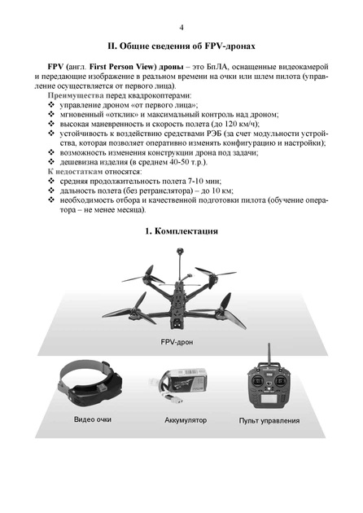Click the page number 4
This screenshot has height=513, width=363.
(181, 28)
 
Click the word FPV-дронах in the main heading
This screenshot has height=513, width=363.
(230, 46)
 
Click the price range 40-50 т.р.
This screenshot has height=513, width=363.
(187, 162)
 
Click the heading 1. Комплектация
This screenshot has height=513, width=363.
(181, 231)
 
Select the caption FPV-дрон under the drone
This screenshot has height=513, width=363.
(177, 342)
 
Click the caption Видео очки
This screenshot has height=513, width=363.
(93, 419)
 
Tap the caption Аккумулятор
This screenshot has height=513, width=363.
(186, 420)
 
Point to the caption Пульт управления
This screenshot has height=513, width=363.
(269, 421)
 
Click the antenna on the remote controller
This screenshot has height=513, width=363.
(269, 353)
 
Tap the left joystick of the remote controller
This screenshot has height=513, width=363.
(258, 381)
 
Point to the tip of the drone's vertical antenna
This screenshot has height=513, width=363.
(179, 252)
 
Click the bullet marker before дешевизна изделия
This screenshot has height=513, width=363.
(51, 162)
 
